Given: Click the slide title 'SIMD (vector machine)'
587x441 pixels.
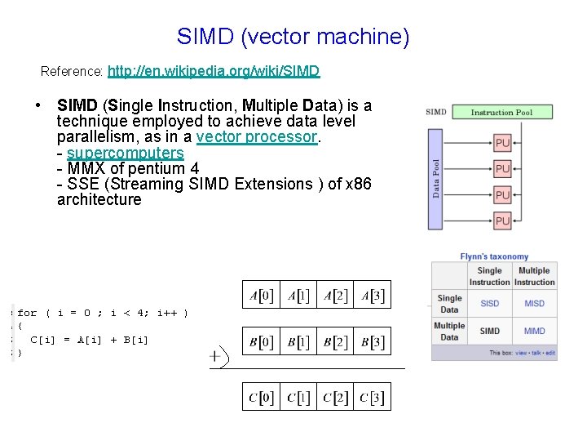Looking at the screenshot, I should pos(293,37).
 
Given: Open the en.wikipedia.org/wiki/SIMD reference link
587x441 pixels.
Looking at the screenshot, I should pos(214,72).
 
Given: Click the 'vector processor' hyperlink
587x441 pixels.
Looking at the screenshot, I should pos(257,137).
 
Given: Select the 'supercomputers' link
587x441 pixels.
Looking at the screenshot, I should pos(126,153).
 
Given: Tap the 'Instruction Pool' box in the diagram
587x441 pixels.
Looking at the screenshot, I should pos(502,112).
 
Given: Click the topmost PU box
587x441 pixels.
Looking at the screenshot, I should pos(503,143).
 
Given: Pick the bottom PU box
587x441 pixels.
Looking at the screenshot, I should pos(503,220).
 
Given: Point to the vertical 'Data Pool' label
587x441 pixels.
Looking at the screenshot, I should pos(436,178).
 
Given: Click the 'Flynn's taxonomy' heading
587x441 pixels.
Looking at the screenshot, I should pos(494,256).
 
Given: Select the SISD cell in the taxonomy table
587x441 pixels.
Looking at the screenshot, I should pos(490,304).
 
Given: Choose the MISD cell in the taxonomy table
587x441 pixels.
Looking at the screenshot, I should pos(535,304).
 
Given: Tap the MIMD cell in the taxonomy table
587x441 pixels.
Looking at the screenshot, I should pos(535,331).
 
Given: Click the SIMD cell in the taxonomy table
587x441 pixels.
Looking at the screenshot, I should pos(490,331).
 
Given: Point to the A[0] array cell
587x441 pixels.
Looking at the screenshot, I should pos(261,295).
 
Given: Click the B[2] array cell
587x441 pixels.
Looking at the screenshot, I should pos(335,341).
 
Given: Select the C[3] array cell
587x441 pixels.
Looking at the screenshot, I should pos(372,397).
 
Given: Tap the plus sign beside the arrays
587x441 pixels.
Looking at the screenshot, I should pos(216,356).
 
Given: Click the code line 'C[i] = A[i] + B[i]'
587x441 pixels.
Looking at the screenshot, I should pos(90,340).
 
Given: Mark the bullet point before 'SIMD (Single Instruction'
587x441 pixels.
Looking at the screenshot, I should pos(39,106).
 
